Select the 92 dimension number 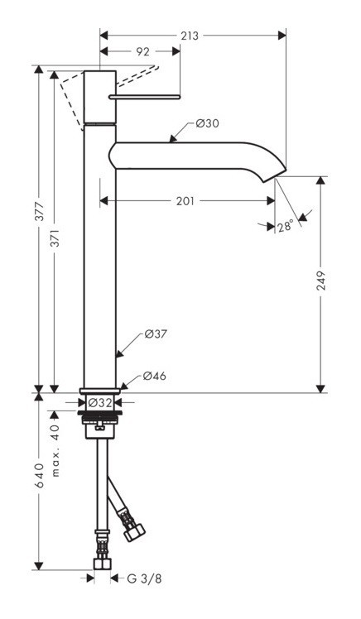pyautogui.click(x=142, y=51)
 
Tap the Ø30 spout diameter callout pyautogui.click(x=207, y=123)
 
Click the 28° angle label pyautogui.click(x=285, y=226)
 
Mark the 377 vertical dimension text pyautogui.click(x=38, y=217)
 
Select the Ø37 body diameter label pyautogui.click(x=156, y=334)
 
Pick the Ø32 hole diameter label pyautogui.click(x=100, y=402)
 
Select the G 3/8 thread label pyautogui.click(x=145, y=578)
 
